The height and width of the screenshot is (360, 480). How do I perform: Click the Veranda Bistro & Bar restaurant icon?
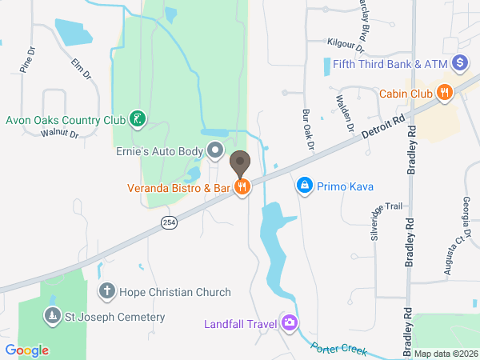[241, 188]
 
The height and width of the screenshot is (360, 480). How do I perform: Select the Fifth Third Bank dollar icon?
[459, 62]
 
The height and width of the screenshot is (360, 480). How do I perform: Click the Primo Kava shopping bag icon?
[304, 186]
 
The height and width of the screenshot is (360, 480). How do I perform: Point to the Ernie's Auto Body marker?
[215, 150]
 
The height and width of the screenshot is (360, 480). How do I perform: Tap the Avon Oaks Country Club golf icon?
[138, 120]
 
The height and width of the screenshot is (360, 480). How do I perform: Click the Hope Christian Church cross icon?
[106, 292]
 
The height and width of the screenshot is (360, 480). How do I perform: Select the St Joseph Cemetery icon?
[53, 317]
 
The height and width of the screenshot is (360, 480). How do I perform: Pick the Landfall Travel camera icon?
[289, 323]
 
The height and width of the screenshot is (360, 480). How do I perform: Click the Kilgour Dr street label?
[346, 41]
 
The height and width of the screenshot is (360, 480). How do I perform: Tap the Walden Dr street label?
[346, 112]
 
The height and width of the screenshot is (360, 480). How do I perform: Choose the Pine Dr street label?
[27, 60]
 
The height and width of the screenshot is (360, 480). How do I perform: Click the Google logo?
[27, 350]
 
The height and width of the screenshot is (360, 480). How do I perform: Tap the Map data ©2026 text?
[445, 354]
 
